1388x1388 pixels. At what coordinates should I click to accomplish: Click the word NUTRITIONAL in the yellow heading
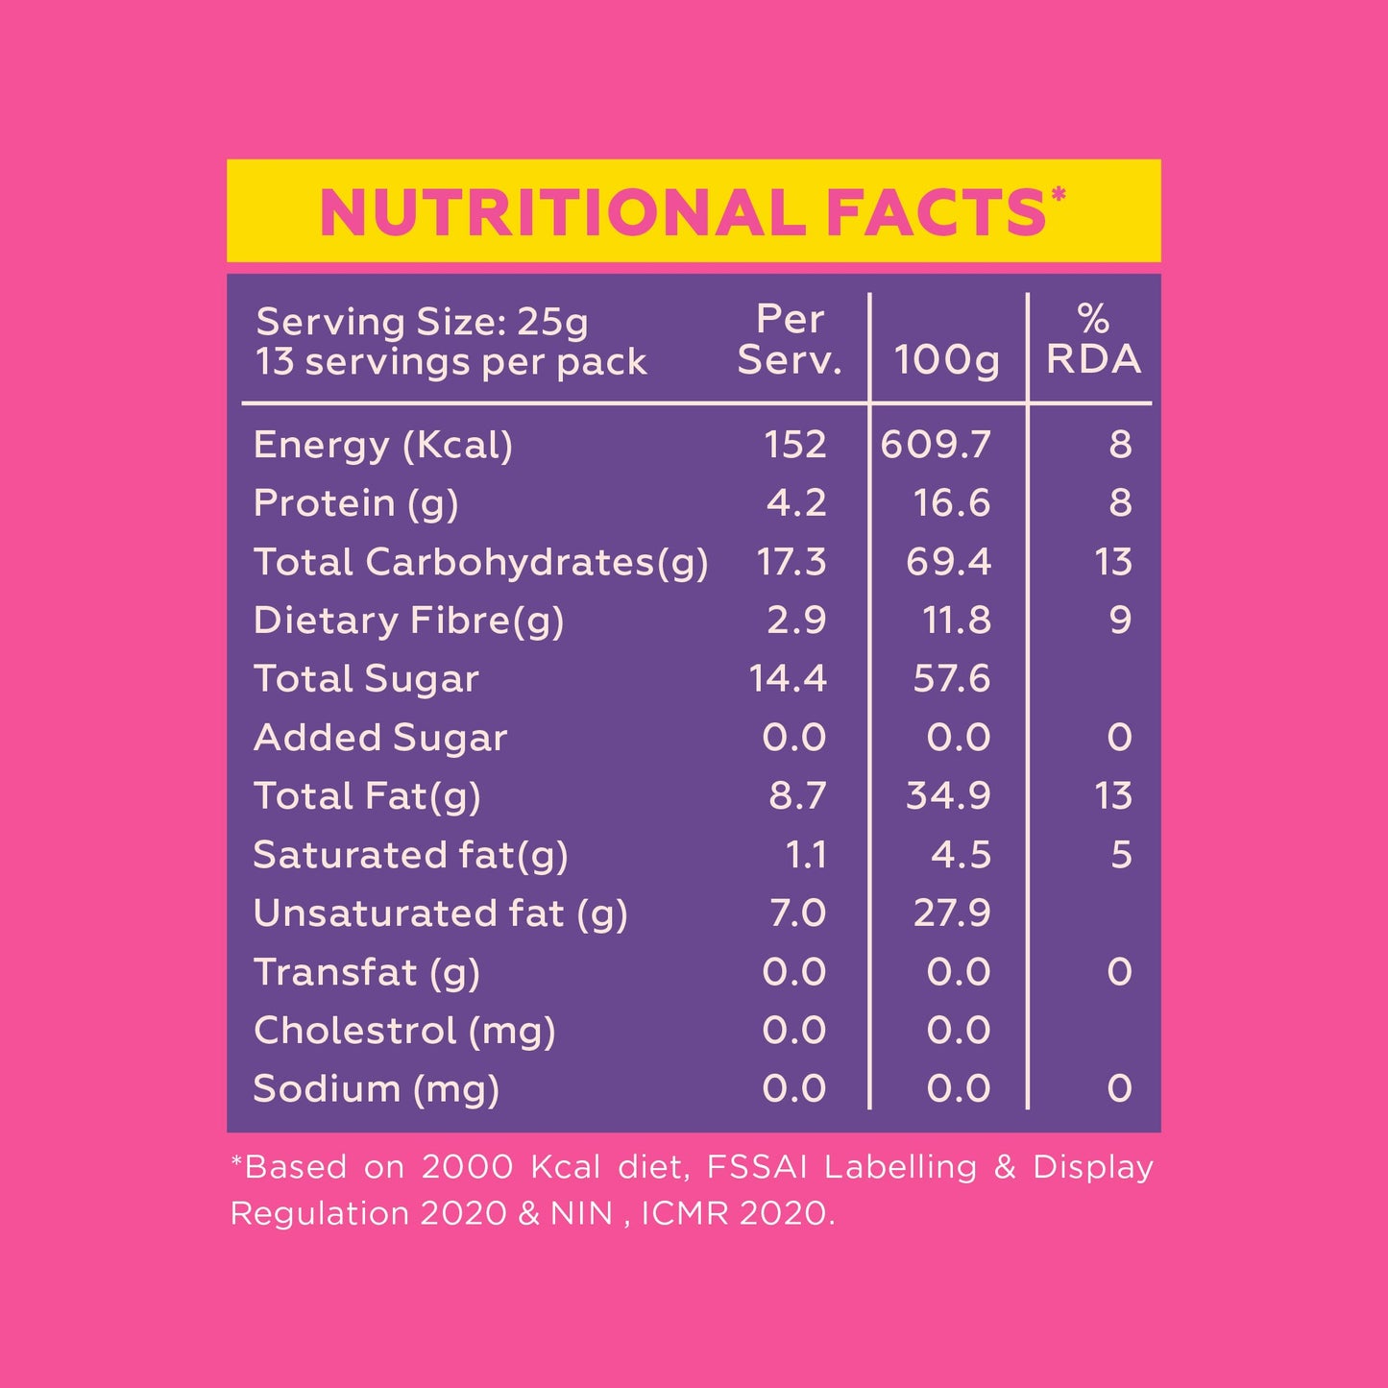tap(563, 212)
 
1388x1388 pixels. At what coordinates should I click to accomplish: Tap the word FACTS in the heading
tap(936, 212)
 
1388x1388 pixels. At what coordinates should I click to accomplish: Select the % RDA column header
tap(1093, 340)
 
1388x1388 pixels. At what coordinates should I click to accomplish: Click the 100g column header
tap(947, 360)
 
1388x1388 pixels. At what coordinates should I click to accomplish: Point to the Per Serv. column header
tap(790, 340)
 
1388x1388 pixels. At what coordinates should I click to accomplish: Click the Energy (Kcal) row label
tap(383, 445)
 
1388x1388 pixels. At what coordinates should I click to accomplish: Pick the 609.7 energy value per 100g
tap(936, 445)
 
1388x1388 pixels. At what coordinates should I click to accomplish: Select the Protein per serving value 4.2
tap(796, 503)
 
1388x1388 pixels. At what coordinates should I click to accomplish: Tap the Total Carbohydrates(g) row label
tap(480, 562)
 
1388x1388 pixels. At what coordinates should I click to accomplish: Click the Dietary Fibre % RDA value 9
tap(1120, 621)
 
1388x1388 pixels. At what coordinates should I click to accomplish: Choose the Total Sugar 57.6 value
tap(951, 679)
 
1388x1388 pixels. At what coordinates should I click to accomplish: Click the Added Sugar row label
tap(380, 738)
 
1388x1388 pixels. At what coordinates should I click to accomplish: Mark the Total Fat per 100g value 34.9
tap(948, 796)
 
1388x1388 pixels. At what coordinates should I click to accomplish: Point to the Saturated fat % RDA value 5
tap(1121, 855)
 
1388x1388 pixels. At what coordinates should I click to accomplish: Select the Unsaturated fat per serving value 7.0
tap(797, 913)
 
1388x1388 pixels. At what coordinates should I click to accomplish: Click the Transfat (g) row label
tap(366, 972)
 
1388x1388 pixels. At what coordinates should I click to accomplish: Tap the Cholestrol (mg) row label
tap(404, 1031)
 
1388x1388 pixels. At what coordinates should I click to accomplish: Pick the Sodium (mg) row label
tap(376, 1089)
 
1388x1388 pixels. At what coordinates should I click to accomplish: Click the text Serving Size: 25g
tap(422, 322)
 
